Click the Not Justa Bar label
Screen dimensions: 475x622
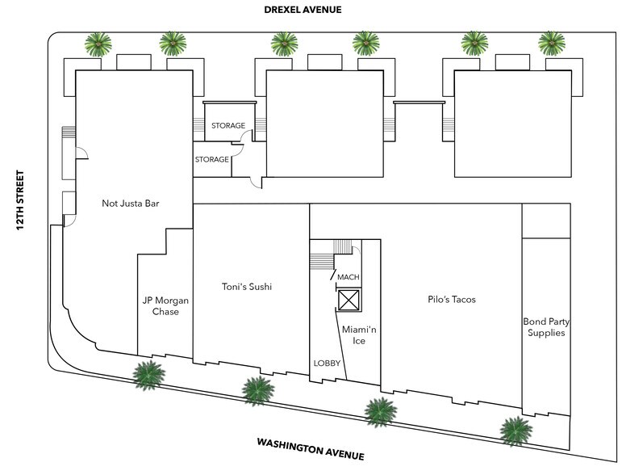coord(131,204)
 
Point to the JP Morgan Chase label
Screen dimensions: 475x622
coord(165,305)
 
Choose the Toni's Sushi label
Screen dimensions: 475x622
coord(247,286)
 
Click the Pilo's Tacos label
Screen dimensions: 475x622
coord(452,300)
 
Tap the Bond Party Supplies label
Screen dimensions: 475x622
coord(544,326)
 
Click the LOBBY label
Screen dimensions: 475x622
coord(327,363)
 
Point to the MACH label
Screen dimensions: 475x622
coord(348,277)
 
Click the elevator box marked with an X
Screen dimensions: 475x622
coord(348,301)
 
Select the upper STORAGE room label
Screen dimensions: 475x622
coord(228,126)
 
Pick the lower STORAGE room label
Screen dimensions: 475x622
coord(211,160)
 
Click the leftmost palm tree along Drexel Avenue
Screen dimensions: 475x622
coord(99,44)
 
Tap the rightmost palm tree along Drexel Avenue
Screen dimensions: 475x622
coord(552,43)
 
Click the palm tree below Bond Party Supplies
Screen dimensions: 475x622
coord(514,430)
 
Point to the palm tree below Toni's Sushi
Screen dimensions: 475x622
coord(257,390)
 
